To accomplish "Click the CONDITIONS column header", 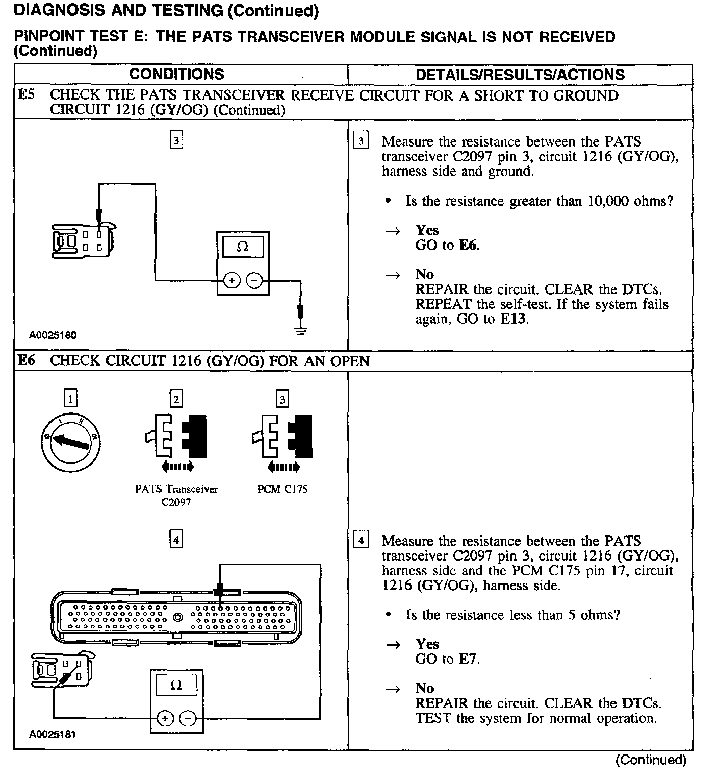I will click(176, 74).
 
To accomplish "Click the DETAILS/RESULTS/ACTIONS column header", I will click(520, 75).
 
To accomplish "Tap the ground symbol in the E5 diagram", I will click(301, 330).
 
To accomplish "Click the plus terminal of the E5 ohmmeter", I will click(232, 280).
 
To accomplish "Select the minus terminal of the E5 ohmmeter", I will click(254, 280).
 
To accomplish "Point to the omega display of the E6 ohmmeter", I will click(176, 685).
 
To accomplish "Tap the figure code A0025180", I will click(53, 335).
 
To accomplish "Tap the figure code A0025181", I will click(53, 734).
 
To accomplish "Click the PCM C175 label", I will click(283, 489).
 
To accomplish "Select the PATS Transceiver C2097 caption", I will click(176, 495).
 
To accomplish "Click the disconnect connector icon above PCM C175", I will click(283, 436).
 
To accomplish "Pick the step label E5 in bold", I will click(26, 95).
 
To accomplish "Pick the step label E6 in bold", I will click(26, 361).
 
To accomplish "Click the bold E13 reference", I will click(514, 319).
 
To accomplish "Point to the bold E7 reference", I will click(468, 659).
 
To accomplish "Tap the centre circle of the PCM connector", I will click(177, 617).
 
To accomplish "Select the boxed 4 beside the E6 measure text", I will click(360, 540).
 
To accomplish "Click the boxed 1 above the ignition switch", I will click(70, 398).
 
